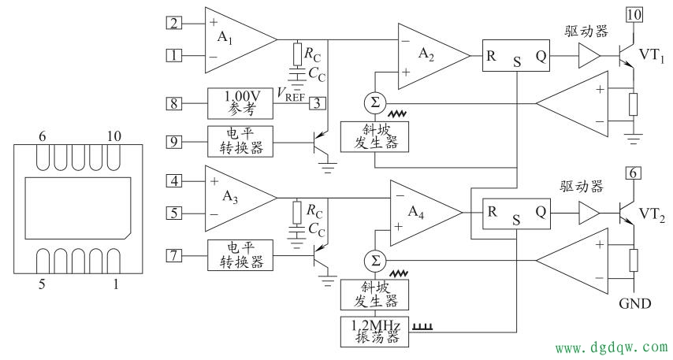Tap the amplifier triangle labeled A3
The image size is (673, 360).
coord(232,196)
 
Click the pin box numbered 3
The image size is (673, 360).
coord(315,103)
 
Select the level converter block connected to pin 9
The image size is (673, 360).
coord(240,142)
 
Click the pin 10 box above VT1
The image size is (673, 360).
coord(634,14)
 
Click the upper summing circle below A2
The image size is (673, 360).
coord(374,103)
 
